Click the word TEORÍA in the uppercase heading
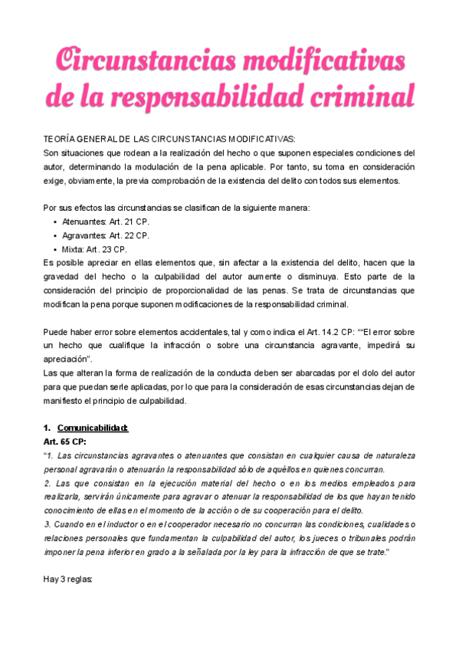(61, 140)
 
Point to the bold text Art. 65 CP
(65, 442)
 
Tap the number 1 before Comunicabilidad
(46, 428)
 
